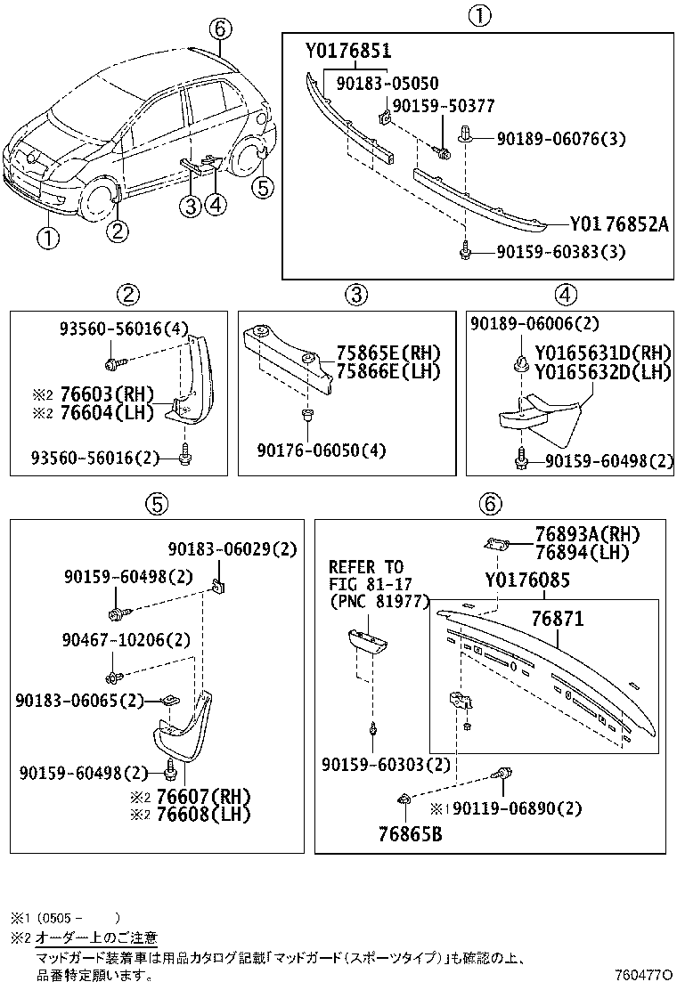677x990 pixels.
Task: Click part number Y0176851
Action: click(x=348, y=51)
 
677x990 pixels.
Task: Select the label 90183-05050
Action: click(x=387, y=83)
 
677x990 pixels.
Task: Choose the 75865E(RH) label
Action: click(x=375, y=353)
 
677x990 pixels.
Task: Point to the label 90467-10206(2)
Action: click(x=126, y=639)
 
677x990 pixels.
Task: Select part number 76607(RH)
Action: click(x=202, y=796)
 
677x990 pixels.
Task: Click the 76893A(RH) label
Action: click(x=587, y=534)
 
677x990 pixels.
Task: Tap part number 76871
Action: click(x=557, y=618)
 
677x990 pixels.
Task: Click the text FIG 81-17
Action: click(x=365, y=583)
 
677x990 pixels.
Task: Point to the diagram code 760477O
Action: click(x=644, y=977)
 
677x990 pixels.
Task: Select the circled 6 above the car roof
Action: click(x=219, y=28)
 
